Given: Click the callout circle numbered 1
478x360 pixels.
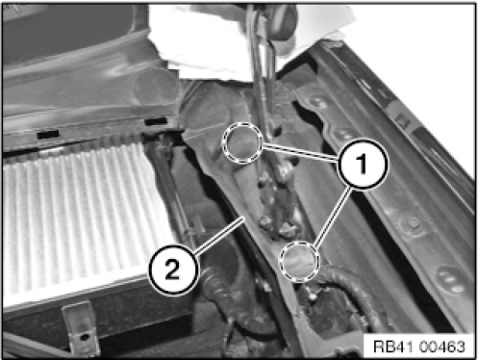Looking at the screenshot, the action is (x=363, y=164).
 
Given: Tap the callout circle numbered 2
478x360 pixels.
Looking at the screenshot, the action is (x=173, y=270).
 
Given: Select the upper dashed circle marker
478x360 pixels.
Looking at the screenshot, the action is (x=242, y=142).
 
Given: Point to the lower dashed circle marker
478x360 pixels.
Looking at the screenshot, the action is (x=300, y=261).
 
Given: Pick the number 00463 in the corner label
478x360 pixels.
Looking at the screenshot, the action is (x=441, y=347).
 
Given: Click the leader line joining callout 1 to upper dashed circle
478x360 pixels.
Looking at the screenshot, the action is (x=300, y=152).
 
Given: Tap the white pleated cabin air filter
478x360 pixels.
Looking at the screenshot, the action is (x=80, y=219).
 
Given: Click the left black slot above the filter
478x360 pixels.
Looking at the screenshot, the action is (x=48, y=134).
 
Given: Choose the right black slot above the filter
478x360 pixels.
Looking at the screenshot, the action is (x=156, y=121).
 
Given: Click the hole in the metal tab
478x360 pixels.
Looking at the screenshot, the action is (x=84, y=337).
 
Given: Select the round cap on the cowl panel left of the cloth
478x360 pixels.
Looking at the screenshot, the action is (x=155, y=86).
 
